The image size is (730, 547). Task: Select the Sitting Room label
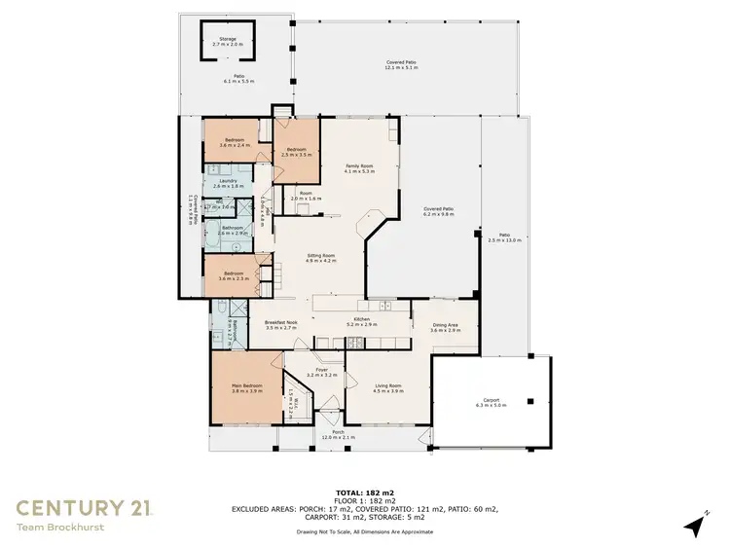(x=320, y=257)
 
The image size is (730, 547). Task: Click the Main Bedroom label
(x=248, y=388)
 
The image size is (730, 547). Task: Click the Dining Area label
(x=445, y=328)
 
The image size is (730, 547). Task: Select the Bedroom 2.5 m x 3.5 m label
(x=296, y=152)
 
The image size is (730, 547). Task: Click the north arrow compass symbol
(x=695, y=525)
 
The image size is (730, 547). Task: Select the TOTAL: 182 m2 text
(x=365, y=493)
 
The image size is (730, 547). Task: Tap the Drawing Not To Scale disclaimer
(x=365, y=531)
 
